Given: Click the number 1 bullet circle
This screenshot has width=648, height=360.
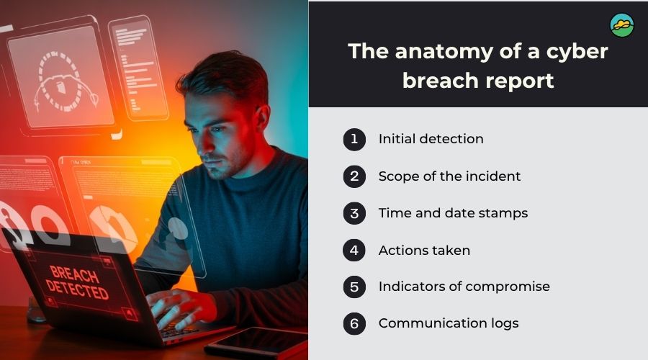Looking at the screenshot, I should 354,139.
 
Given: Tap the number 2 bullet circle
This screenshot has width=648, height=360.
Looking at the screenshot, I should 354,176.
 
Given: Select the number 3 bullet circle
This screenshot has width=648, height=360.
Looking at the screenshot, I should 354,213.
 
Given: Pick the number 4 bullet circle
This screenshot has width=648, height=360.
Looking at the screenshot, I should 354,251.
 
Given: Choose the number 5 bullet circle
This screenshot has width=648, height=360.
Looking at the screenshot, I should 354,287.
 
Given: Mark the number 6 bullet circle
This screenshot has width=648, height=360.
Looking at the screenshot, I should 354,323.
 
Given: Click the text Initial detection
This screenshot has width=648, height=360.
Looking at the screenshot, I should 431,139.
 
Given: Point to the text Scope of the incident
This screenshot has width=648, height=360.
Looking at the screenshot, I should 449,176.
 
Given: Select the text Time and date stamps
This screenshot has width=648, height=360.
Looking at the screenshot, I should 453,213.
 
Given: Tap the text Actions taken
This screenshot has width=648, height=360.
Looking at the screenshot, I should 424,251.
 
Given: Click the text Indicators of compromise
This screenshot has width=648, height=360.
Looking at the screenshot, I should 464,287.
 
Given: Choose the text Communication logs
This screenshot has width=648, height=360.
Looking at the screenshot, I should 448,323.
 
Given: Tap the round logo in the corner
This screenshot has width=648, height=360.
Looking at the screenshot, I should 621,25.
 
